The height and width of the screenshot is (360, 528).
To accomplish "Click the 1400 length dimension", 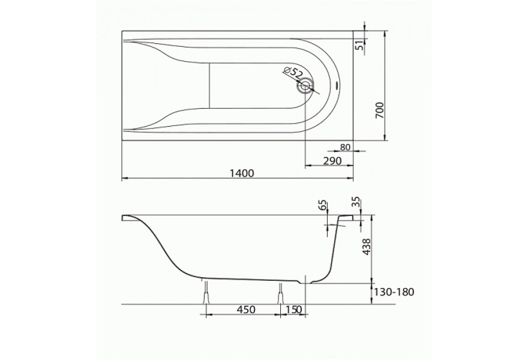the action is coord(242,173).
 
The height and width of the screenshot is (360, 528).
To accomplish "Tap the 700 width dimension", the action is coord(379,110).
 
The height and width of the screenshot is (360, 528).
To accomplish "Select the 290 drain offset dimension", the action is coord(332,161).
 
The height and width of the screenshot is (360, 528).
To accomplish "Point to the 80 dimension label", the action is coord(346,147).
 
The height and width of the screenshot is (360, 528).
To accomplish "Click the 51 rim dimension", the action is coord(361,45).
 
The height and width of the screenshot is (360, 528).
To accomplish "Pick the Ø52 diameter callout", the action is coord(292,73).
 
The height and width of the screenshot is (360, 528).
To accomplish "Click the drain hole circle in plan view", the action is coord(305,85).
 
